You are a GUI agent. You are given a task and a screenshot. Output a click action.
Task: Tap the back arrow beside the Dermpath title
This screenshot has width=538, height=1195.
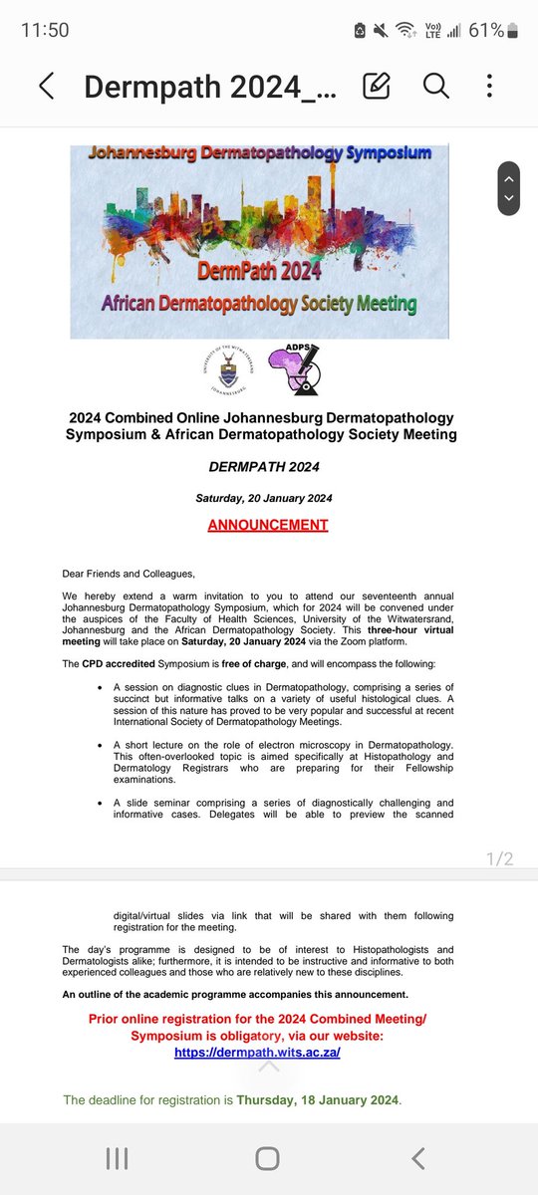click(46, 87)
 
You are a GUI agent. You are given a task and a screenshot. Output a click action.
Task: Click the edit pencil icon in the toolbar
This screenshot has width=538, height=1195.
click(377, 87)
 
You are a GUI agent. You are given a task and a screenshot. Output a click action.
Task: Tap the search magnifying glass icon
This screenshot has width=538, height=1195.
click(435, 87)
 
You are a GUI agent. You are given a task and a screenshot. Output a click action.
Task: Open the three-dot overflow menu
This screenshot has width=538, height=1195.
click(489, 87)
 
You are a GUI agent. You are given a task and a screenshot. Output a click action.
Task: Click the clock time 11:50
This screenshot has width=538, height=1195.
click(45, 30)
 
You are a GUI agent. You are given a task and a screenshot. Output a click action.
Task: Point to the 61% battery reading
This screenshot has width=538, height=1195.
click(486, 30)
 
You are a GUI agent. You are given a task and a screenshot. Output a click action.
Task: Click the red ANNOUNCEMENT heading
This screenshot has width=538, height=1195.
click(268, 525)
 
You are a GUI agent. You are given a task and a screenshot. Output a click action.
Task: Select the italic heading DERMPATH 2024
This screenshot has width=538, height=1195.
click(268, 466)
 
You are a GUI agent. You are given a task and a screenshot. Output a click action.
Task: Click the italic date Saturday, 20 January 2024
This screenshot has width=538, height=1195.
click(268, 498)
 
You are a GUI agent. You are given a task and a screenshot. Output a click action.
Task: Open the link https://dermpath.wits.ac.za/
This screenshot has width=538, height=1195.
click(257, 1053)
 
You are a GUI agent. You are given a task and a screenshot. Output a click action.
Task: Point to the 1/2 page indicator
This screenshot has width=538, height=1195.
click(495, 858)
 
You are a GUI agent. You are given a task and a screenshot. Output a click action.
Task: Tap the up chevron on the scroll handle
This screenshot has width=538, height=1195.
click(509, 178)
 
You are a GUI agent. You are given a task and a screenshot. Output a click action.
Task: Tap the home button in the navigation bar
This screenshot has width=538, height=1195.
click(267, 1157)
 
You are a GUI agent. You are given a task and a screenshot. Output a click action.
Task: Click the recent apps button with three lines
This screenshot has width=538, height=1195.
click(117, 1157)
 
